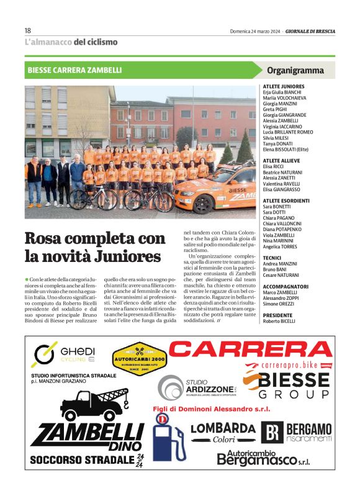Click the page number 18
(28, 30)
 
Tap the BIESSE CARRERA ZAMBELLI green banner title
(74, 70)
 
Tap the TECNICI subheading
(274, 257)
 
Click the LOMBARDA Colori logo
(223, 433)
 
